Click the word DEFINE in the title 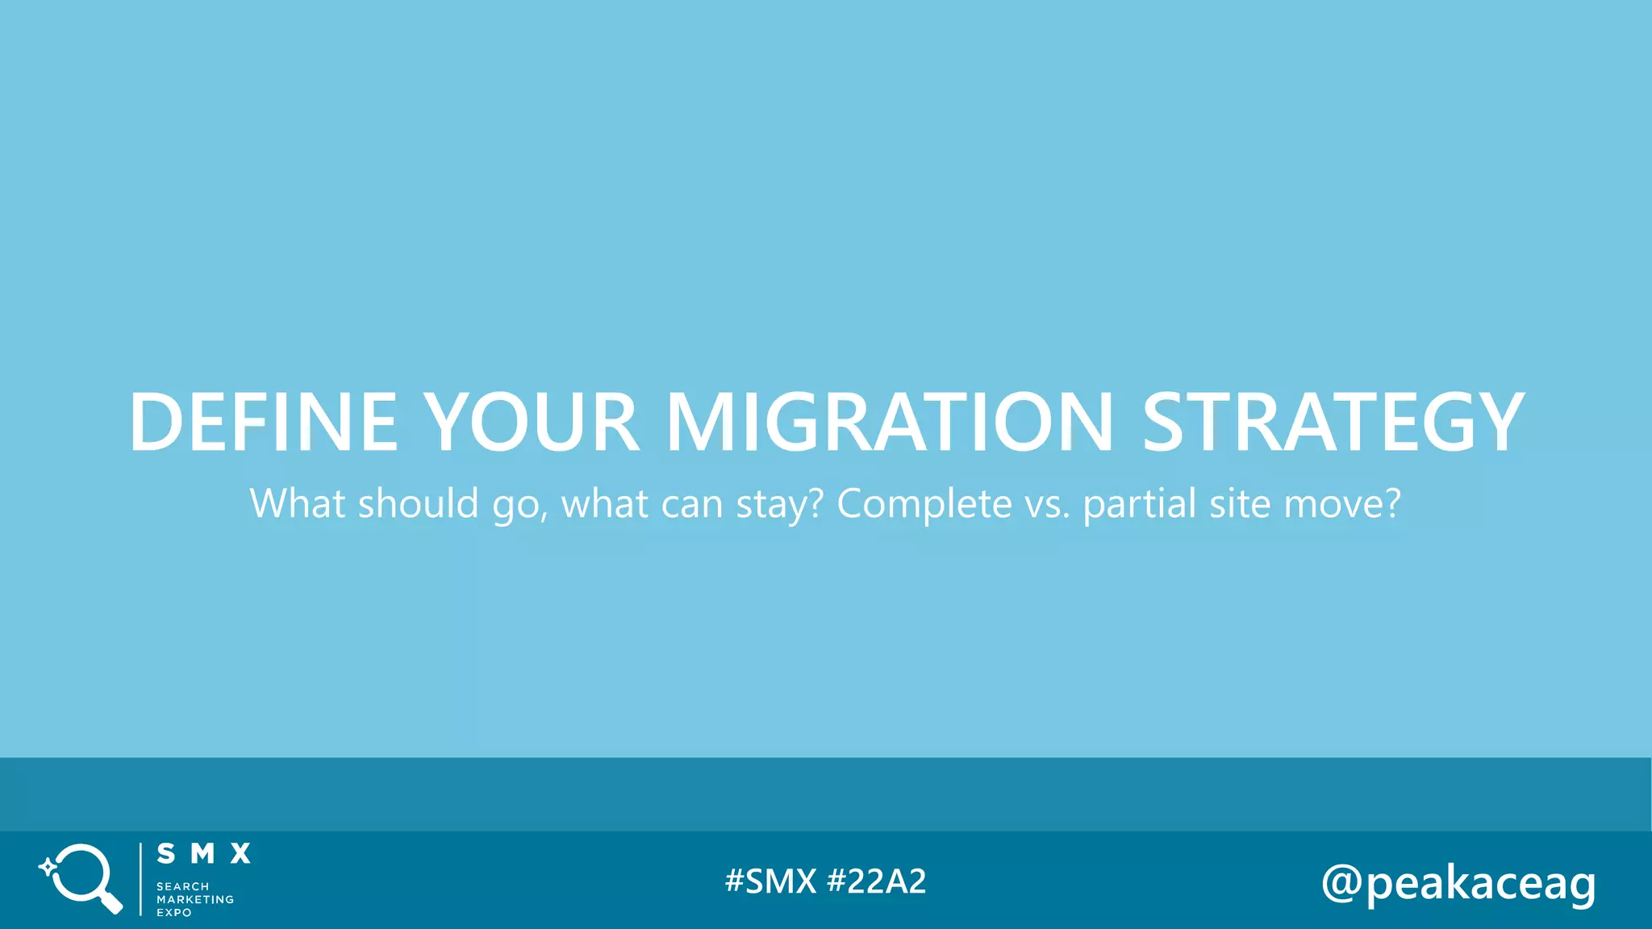pyautogui.click(x=263, y=422)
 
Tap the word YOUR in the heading pyautogui.click(x=532, y=422)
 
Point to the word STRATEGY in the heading pyautogui.click(x=1333, y=422)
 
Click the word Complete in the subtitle pyautogui.click(x=924, y=504)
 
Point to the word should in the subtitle pyautogui.click(x=419, y=504)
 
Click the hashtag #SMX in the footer pyautogui.click(x=770, y=881)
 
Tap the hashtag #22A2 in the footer pyautogui.click(x=877, y=881)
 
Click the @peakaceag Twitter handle pyautogui.click(x=1458, y=884)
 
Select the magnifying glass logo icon pyautogui.click(x=81, y=878)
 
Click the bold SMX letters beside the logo pyautogui.click(x=203, y=854)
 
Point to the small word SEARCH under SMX pyautogui.click(x=183, y=886)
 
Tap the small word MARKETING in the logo pyautogui.click(x=195, y=899)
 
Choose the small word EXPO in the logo pyautogui.click(x=174, y=913)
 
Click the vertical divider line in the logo pyautogui.click(x=140, y=879)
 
